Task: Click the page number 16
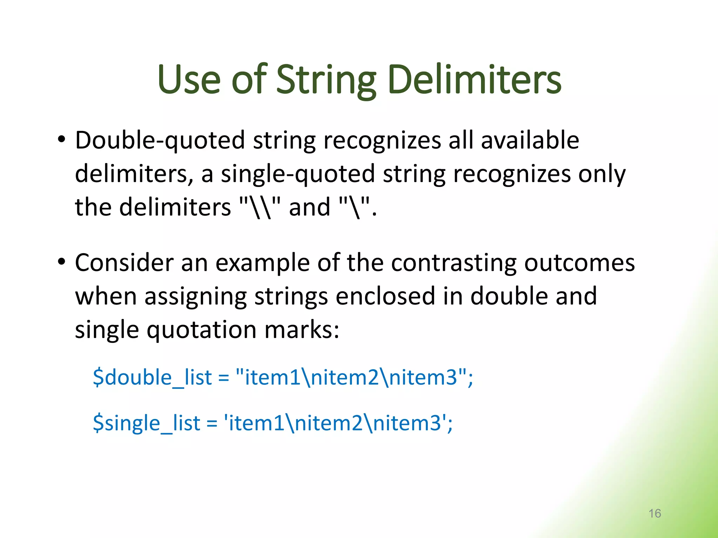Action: tap(655, 513)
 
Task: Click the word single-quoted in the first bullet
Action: tap(298, 174)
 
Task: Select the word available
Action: tap(530, 140)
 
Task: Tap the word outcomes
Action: tap(579, 263)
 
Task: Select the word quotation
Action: tap(201, 330)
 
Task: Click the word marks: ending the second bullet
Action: tap(302, 330)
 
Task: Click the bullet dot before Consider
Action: tap(62, 262)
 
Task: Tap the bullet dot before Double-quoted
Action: tap(62, 140)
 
